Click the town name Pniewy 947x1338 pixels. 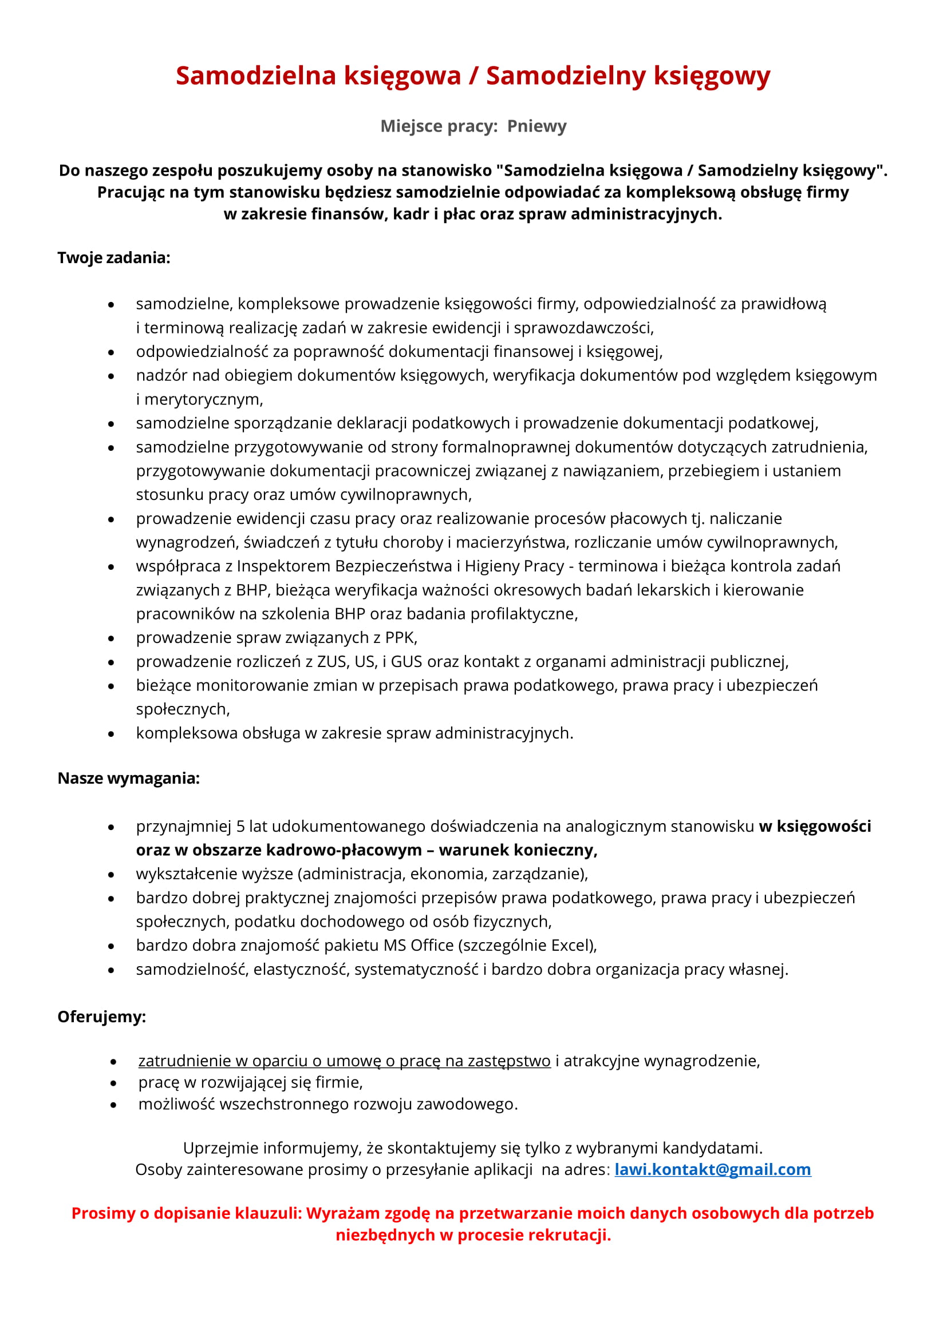pos(536,126)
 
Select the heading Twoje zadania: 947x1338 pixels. pos(114,257)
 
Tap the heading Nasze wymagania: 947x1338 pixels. pos(128,778)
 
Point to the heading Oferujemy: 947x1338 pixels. pos(101,1017)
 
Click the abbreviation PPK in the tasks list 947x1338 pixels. pos(400,637)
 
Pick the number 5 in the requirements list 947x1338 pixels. pos(240,826)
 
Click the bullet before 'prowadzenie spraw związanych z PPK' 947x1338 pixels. pos(111,639)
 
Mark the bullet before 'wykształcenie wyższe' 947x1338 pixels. pos(111,875)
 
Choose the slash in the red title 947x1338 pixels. pos(473,76)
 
